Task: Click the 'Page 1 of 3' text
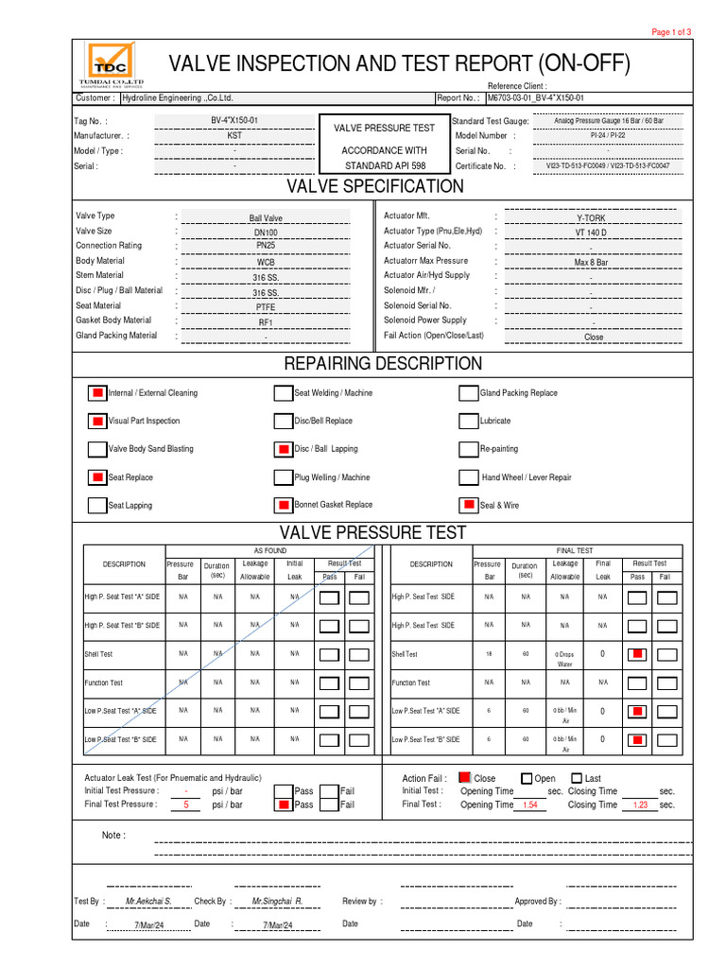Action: tap(672, 32)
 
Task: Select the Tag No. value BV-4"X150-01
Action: tap(233, 121)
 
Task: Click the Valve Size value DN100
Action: tap(266, 233)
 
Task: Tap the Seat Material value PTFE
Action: tap(266, 307)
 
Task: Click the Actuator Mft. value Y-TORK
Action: tap(591, 217)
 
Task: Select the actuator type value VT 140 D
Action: tap(591, 233)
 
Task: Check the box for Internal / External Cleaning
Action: tap(97, 393)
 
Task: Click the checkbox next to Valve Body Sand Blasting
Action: tap(97, 449)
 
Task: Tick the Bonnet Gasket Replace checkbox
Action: tap(283, 505)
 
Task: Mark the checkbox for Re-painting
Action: tap(468, 449)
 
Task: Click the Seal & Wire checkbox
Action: tap(468, 505)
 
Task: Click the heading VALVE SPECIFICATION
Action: tap(375, 186)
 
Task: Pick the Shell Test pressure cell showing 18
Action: tap(489, 653)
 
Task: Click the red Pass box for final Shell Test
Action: tap(638, 654)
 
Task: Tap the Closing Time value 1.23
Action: tap(639, 805)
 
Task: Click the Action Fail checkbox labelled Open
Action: tap(527, 778)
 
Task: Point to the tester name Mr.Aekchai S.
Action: tap(148, 902)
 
